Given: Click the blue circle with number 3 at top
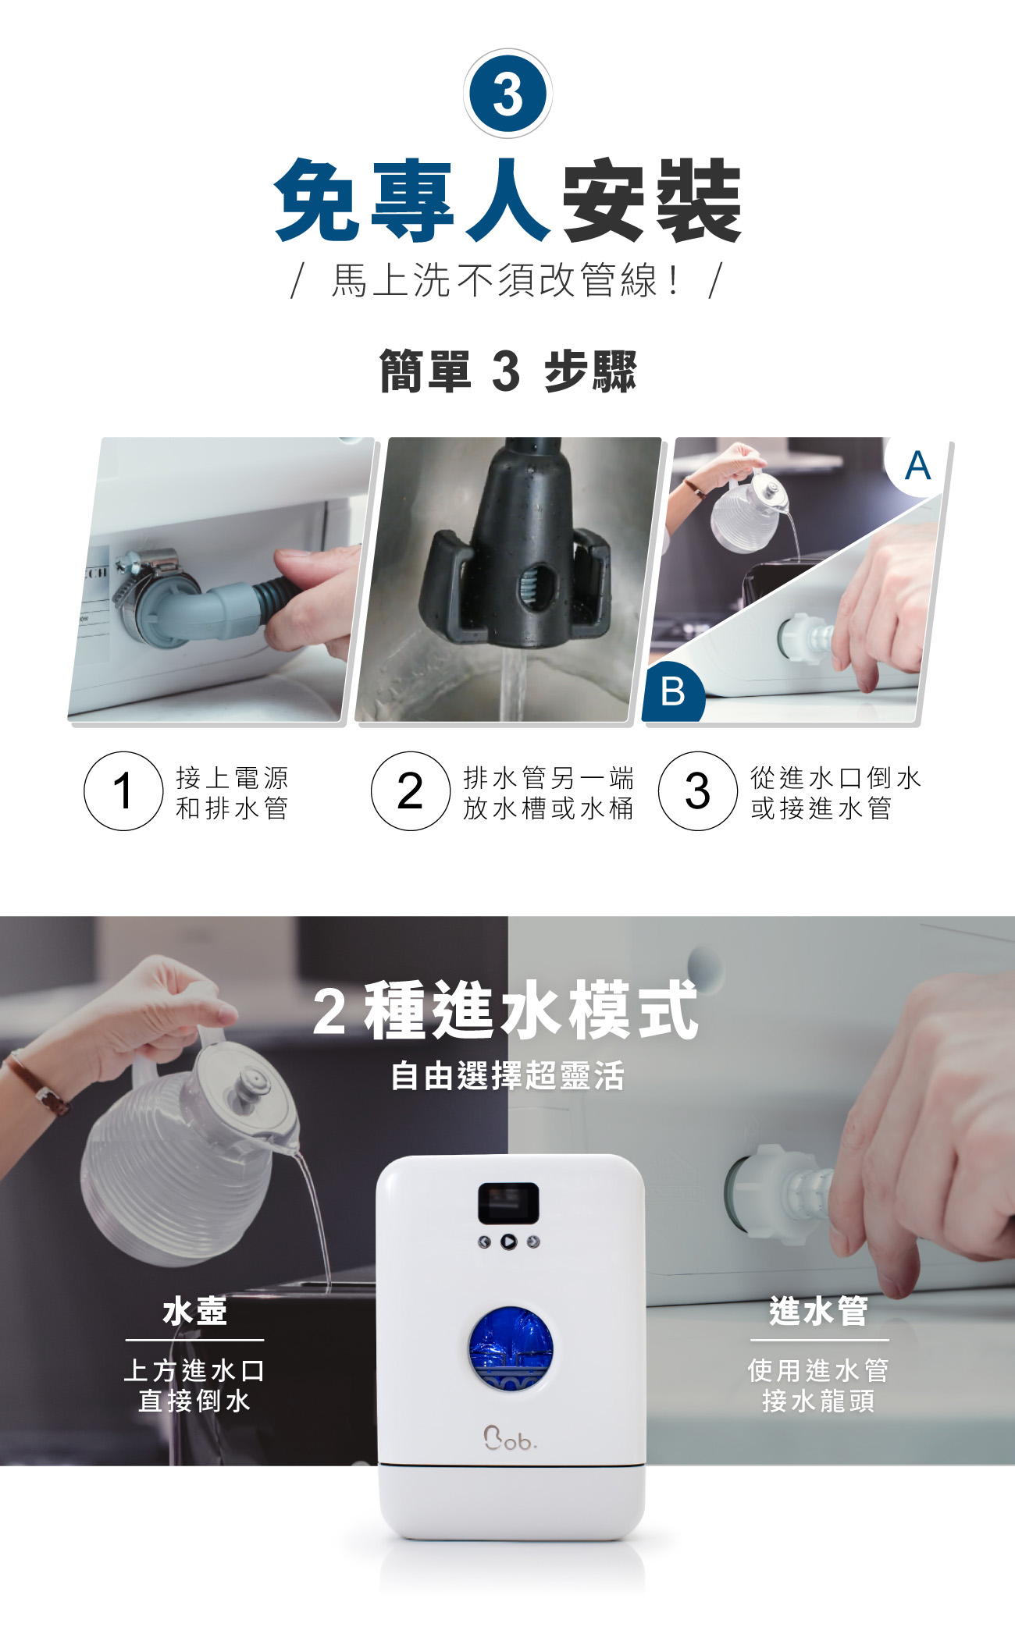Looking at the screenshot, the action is click(507, 94).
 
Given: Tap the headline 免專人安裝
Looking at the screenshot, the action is click(507, 200).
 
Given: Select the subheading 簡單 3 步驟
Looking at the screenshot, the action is click(507, 371).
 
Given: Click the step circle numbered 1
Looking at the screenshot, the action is click(123, 790).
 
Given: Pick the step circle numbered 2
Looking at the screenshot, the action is click(411, 790).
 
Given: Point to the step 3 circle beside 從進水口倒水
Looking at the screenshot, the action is click(698, 790).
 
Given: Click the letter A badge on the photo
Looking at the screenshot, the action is click(917, 466).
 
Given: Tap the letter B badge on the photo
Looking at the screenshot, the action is click(673, 691).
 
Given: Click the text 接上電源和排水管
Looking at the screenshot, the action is click(232, 792).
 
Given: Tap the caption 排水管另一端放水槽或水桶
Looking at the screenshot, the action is click(548, 792).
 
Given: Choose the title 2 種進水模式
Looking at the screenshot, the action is click(506, 1011).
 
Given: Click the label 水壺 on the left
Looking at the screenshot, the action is click(194, 1311).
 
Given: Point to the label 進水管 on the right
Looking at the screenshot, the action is click(818, 1310).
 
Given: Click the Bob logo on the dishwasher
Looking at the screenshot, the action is click(510, 1438).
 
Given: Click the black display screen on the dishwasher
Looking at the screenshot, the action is click(508, 1203).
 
